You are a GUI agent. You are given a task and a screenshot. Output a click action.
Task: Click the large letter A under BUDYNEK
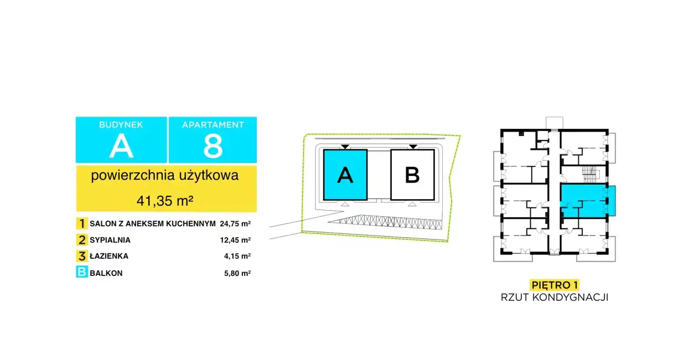(x=121, y=147)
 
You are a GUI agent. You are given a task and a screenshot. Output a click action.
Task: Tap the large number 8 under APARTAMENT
(x=213, y=147)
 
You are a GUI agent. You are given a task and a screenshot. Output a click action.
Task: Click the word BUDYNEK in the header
(x=121, y=125)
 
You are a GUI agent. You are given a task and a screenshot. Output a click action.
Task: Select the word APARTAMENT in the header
(x=213, y=125)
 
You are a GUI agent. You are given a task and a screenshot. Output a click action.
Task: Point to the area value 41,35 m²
(x=165, y=200)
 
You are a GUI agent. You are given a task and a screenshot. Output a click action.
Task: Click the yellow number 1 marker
(x=82, y=224)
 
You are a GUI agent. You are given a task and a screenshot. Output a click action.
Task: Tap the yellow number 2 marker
(x=82, y=240)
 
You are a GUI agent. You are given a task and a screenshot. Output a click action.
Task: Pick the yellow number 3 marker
(x=82, y=256)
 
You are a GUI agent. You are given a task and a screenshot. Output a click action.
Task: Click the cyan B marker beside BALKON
(x=82, y=273)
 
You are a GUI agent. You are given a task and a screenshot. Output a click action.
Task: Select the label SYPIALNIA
(x=110, y=241)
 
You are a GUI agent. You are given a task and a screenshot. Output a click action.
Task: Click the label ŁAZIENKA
(x=108, y=257)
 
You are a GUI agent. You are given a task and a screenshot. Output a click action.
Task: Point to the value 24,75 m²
(x=235, y=224)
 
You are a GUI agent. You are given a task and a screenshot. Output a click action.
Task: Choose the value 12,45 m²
(x=235, y=241)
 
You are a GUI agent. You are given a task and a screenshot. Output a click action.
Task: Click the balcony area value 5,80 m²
(x=237, y=273)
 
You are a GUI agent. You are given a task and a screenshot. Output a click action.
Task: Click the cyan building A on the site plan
(x=345, y=175)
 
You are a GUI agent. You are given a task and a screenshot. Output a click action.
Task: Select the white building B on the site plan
(x=412, y=175)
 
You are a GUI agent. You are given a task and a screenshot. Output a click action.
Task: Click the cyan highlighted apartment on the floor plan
(x=587, y=199)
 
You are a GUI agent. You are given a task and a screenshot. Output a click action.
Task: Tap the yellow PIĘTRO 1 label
(x=554, y=285)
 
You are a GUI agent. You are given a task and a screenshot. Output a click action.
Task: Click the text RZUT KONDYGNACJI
(x=554, y=298)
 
